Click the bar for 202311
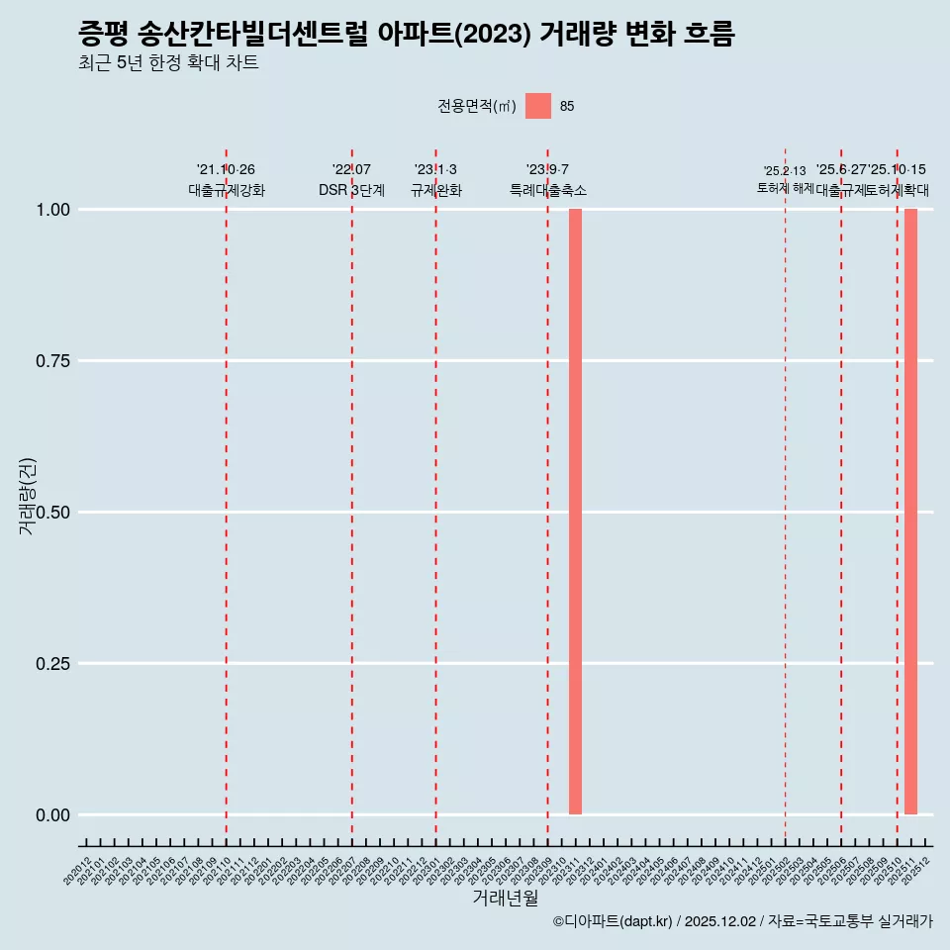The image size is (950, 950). [575, 512]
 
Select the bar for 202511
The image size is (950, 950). [910, 512]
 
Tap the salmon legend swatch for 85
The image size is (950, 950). [538, 106]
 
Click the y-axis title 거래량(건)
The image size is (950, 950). [28, 496]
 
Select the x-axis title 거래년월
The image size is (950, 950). [506, 899]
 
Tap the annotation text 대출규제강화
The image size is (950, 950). [227, 190]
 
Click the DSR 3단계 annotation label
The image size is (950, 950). [351, 190]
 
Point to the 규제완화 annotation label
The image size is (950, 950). [435, 190]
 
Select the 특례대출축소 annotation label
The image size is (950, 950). [547, 190]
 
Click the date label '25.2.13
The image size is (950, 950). [785, 171]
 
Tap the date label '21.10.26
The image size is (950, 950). [227, 170]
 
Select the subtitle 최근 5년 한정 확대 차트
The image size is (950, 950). [168, 63]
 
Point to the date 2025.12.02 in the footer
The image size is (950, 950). [719, 921]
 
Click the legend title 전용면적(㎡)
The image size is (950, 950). [477, 106]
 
